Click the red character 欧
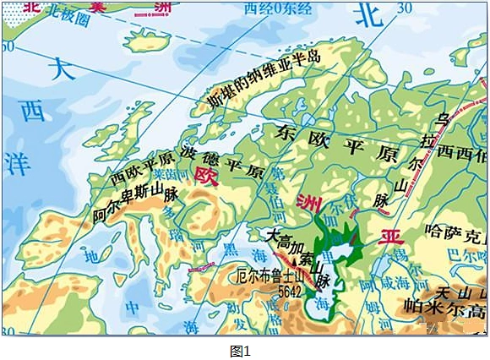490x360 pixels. pyautogui.click(x=204, y=175)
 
